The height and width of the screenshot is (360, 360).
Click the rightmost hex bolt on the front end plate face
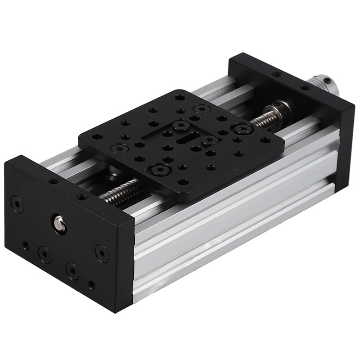[x=102, y=253]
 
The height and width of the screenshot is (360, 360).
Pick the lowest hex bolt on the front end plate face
[x=72, y=270]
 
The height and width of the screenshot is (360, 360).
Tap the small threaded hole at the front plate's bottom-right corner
[x=92, y=285]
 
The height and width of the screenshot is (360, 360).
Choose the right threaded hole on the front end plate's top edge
[x=82, y=197]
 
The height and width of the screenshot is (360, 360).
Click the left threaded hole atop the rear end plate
[x=277, y=73]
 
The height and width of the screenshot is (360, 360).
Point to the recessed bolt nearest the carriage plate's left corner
[x=119, y=147]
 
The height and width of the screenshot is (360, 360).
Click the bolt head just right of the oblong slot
[x=210, y=140]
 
